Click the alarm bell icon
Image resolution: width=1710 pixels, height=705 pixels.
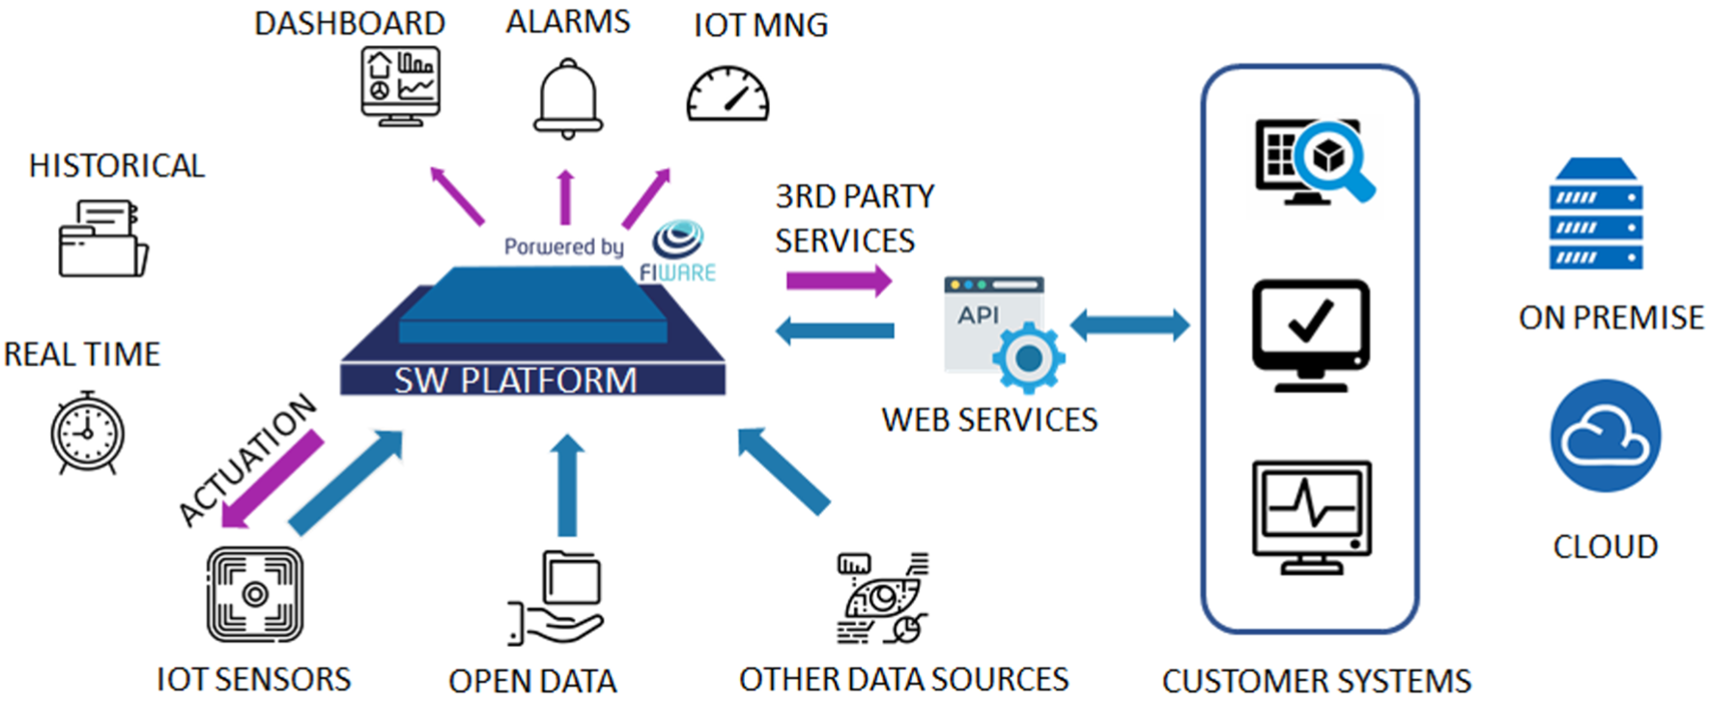[x=568, y=99]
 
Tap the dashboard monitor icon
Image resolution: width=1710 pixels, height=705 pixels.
[x=400, y=86]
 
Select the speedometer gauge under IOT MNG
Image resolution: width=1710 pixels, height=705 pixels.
[x=727, y=94]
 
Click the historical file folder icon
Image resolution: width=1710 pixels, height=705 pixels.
[x=102, y=239]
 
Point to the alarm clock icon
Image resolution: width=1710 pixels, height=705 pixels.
[x=87, y=433]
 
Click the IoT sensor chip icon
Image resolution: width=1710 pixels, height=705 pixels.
[x=255, y=594]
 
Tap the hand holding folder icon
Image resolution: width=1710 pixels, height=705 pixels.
[x=556, y=597]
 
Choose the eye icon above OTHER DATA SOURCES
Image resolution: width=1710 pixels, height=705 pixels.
[x=882, y=598]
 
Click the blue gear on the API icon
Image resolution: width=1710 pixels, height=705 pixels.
[x=1029, y=357]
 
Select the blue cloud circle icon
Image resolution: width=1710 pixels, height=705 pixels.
[x=1606, y=436]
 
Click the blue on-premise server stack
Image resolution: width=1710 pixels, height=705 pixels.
[x=1596, y=214]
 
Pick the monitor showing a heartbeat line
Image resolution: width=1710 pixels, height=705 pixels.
[x=1312, y=517]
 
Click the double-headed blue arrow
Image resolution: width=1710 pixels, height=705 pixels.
[x=1129, y=324]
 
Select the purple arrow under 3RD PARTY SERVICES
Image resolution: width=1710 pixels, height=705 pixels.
[x=839, y=281]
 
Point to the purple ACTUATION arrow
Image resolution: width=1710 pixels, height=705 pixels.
[x=271, y=480]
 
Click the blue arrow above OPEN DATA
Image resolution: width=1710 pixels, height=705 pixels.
[x=567, y=485]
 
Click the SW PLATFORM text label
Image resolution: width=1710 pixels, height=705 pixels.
[x=516, y=380]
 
